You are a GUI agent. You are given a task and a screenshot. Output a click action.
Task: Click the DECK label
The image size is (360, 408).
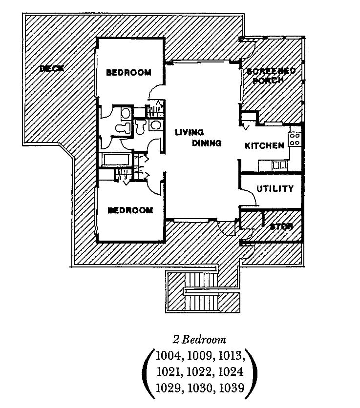point(51,68)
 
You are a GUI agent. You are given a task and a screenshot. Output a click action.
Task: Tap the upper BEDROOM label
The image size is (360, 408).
point(128,73)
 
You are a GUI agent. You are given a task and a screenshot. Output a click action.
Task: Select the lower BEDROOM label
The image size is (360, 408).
point(130,210)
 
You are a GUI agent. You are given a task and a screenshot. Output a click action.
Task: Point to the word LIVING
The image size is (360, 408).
point(190,132)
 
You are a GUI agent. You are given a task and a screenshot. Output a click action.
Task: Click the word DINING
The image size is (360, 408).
point(207,143)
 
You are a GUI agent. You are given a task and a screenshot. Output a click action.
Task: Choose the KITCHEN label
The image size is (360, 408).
point(264,145)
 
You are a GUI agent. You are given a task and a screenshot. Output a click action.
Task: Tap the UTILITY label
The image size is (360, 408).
point(275,188)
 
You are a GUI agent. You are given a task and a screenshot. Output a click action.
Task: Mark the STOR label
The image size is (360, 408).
point(281,226)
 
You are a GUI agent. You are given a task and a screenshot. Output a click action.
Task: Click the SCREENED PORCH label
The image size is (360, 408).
point(271,76)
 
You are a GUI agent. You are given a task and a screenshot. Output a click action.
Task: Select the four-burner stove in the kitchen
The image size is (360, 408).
point(295,139)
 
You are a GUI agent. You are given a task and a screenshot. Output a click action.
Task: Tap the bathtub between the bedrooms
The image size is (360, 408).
point(115,160)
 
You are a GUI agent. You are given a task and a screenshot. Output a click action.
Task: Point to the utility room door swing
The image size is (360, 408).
point(249,198)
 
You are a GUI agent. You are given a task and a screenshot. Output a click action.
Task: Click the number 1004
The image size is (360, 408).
point(169,354)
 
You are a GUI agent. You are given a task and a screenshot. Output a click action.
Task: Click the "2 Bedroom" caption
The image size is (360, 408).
point(200,339)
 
